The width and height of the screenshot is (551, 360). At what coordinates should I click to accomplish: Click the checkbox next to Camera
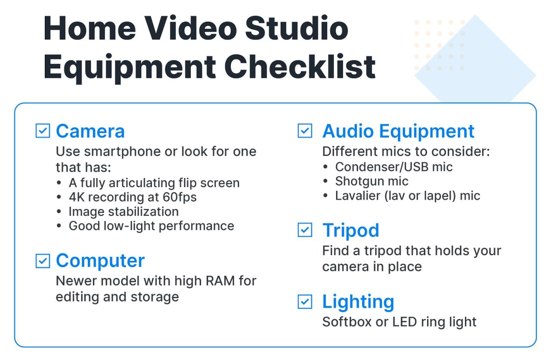[43, 131]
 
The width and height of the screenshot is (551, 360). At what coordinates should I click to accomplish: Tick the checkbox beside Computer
[43, 261]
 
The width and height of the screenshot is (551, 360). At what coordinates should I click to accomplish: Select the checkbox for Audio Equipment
[305, 131]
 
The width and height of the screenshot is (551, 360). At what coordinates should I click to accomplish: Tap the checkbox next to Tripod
[305, 230]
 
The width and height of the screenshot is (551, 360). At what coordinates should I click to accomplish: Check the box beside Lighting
[305, 302]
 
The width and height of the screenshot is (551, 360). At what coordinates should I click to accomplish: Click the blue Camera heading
[90, 131]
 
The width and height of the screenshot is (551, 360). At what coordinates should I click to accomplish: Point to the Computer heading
[100, 261]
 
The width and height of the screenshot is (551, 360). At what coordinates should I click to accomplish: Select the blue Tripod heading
[350, 230]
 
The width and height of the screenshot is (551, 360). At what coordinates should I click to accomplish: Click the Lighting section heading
[358, 302]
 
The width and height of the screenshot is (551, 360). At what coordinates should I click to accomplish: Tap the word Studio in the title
[297, 28]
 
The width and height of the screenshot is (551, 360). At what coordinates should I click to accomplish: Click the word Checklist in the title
[300, 67]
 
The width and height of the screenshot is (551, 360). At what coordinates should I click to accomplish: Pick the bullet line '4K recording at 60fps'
[133, 197]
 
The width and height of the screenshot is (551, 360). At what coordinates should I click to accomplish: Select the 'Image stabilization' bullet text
[124, 212]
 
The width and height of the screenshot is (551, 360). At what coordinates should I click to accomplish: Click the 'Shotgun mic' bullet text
[371, 181]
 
